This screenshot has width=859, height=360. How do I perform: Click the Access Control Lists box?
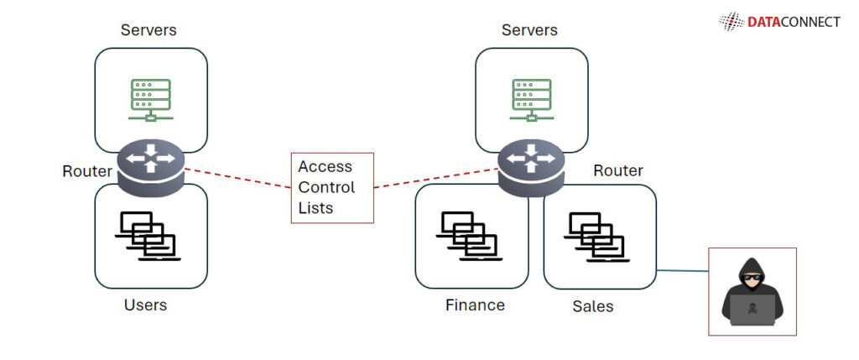pos(332,188)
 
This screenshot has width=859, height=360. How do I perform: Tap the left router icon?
pos(151,165)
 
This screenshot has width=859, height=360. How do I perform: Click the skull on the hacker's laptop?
pos(751,309)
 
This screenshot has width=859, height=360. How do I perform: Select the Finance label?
pos(475,305)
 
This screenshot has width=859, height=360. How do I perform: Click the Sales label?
pos(592,306)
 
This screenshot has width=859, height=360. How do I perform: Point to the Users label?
pos(145,305)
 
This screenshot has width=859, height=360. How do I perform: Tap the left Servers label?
pos(149,30)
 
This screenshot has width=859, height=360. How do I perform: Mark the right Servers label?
pos(529,30)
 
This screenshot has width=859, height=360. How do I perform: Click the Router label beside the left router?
pos(86,172)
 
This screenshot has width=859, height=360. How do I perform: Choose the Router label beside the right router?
pos(618,171)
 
